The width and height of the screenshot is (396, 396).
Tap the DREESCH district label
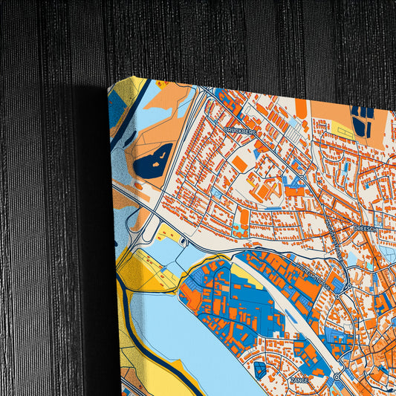point(367,228)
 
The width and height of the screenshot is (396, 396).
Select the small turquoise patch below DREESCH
point(369,265)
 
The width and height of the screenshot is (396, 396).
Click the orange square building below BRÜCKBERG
point(239,162)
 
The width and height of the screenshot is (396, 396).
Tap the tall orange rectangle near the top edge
point(300,107)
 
